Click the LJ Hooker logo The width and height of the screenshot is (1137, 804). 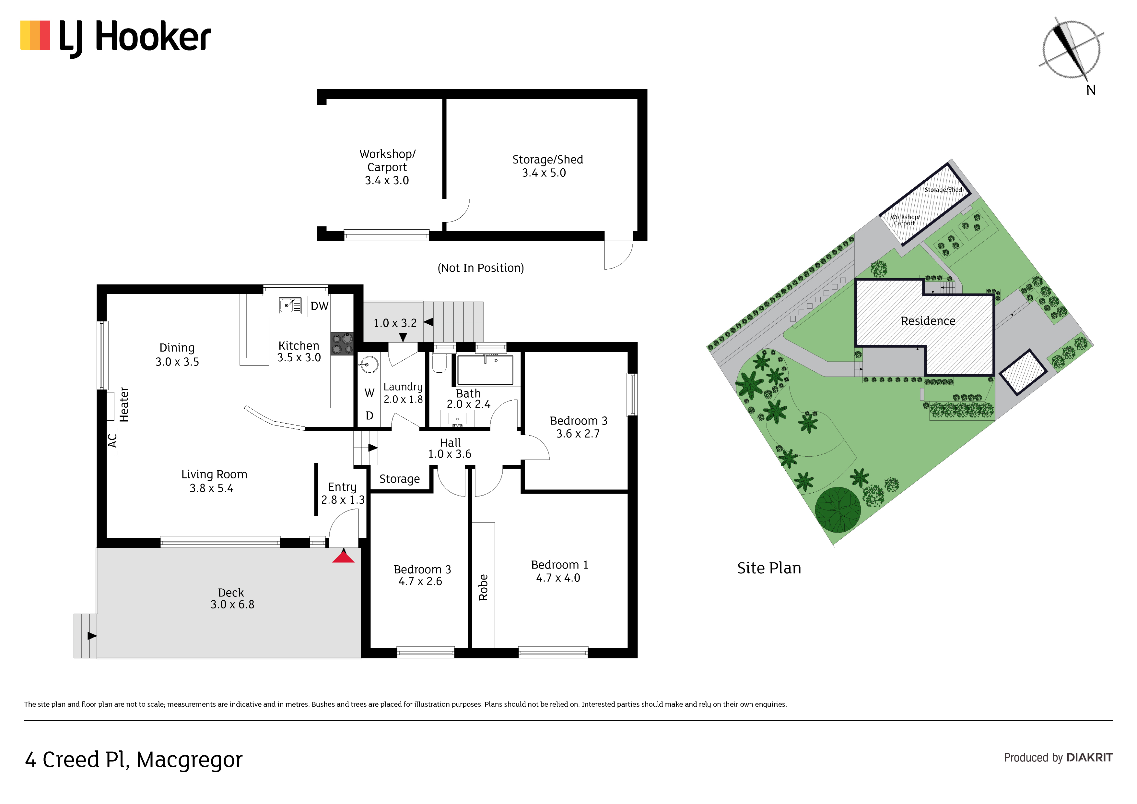[x=115, y=38]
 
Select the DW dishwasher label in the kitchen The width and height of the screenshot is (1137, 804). [x=319, y=306]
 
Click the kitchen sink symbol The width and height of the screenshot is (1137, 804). [x=290, y=306]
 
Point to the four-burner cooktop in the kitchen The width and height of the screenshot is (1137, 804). [x=342, y=343]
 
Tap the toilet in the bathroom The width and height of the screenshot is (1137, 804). [x=439, y=362]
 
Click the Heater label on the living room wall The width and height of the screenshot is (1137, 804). [x=124, y=405]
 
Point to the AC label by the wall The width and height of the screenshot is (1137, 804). [x=113, y=440]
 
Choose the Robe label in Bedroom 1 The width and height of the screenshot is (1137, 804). [x=483, y=588]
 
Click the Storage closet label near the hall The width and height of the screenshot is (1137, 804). [x=400, y=479]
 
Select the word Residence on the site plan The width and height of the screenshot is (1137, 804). [x=928, y=321]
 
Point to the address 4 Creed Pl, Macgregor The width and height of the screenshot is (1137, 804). [x=134, y=760]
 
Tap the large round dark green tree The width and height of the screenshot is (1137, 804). [x=838, y=510]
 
